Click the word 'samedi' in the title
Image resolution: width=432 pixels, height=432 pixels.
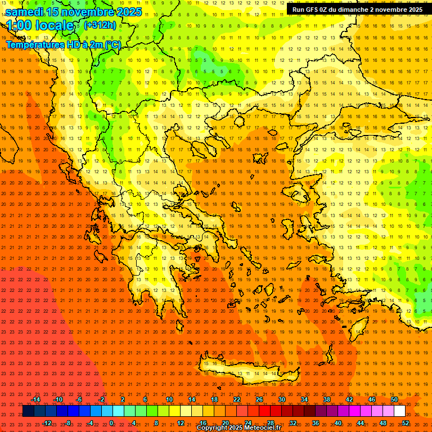[x=25, y=11]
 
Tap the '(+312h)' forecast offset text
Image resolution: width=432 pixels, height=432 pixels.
[x=100, y=25]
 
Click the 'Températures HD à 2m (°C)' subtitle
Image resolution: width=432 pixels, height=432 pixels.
[x=63, y=45]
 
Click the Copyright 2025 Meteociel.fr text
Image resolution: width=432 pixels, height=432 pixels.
[x=238, y=428]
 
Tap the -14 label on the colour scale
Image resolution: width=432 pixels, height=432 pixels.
[x=35, y=399]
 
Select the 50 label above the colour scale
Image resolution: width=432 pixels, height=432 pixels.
[x=394, y=399]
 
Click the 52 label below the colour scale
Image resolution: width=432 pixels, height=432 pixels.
[x=406, y=423]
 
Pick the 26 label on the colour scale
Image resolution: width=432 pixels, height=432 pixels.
[x=259, y=399]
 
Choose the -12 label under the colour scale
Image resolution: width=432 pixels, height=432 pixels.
[x=47, y=423]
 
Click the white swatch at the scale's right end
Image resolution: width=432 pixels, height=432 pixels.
[x=400, y=411]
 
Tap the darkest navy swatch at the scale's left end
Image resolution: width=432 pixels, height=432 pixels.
[x=29, y=411]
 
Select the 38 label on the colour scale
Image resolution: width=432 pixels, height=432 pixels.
[x=327, y=399]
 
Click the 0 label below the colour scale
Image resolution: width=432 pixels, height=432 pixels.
[x=112, y=423]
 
